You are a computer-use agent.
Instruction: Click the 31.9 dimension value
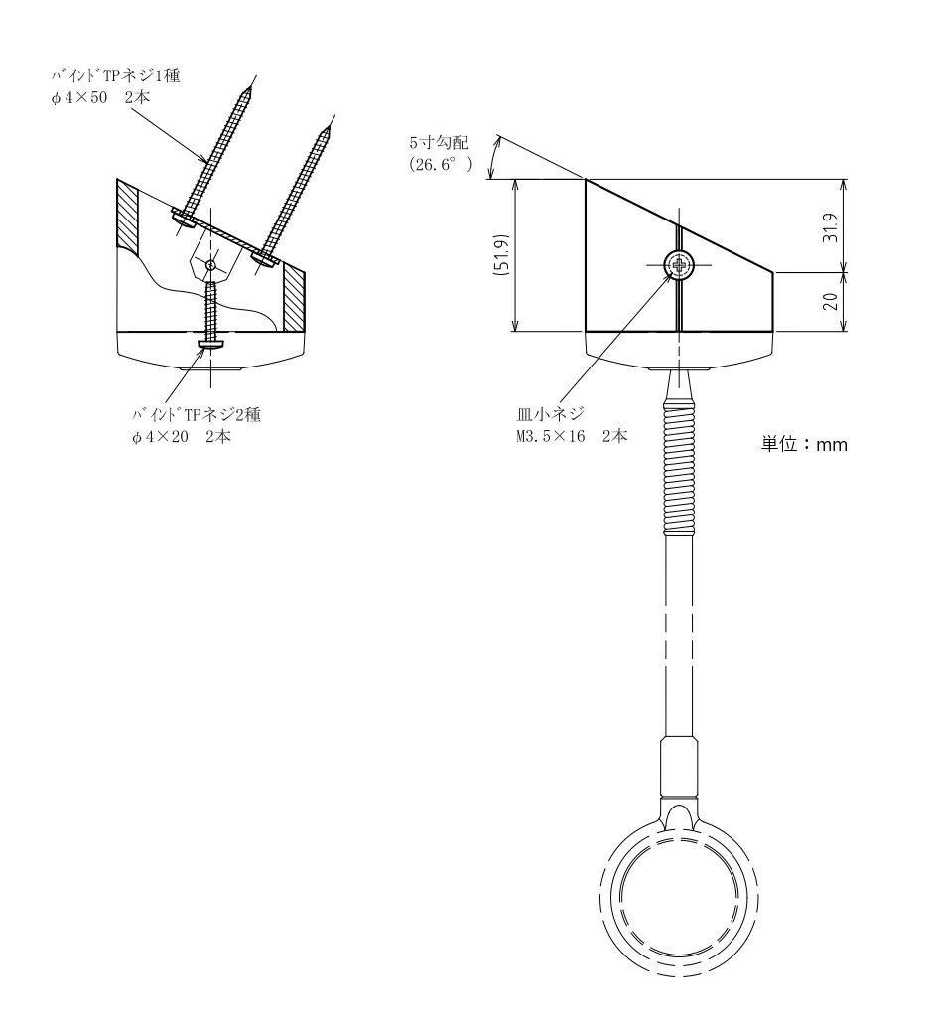point(831,226)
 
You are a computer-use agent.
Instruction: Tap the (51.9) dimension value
point(503,254)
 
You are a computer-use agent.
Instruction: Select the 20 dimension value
point(831,301)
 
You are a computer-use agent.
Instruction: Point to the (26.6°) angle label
point(441,164)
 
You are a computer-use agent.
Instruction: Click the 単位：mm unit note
point(804,445)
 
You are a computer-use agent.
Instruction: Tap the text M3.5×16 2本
point(571,436)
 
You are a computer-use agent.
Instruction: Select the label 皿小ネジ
point(550,414)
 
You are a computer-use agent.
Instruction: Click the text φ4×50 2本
point(101,97)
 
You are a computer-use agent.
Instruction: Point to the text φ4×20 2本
point(182,437)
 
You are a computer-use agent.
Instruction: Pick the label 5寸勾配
point(439,142)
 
